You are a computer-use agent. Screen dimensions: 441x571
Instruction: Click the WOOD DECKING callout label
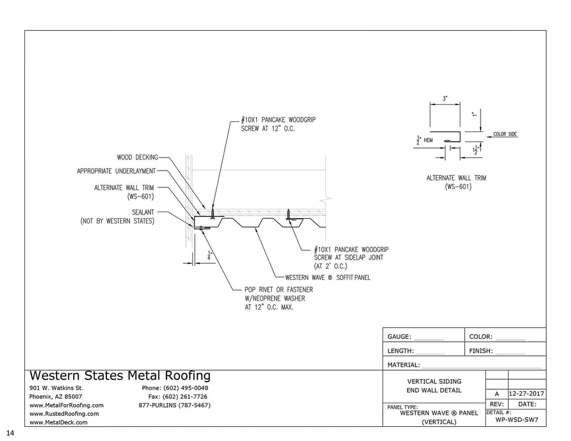coord(137,157)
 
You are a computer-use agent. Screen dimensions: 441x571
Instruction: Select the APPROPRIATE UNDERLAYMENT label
coord(116,171)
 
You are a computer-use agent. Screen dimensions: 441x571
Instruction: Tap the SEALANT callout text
coord(143,212)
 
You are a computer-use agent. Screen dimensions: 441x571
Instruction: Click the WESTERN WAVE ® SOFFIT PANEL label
coord(327,278)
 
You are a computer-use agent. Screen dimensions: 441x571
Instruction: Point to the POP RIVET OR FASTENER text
coord(278,289)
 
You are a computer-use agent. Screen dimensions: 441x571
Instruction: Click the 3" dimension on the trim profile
coord(444,99)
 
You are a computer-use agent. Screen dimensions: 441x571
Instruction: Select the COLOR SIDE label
coord(505,134)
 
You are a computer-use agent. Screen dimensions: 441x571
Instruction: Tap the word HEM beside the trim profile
coord(428,140)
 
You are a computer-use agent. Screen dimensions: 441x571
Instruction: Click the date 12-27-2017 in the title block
coord(526,394)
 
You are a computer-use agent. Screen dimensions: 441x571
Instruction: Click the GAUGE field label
coord(399,337)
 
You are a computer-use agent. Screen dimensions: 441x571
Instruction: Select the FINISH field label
coord(481,351)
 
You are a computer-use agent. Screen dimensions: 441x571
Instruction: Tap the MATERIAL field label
coord(403,365)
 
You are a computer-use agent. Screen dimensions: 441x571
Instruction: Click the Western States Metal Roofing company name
coord(120,376)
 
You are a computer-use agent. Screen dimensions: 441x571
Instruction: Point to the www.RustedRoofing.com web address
coord(64,414)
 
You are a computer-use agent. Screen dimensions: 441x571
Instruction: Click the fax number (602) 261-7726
coord(178,396)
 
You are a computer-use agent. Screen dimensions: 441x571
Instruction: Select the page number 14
coord(10,433)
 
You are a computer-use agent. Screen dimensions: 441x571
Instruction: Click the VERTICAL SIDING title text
coord(434,382)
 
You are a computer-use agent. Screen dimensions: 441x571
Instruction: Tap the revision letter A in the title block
coord(497,394)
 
